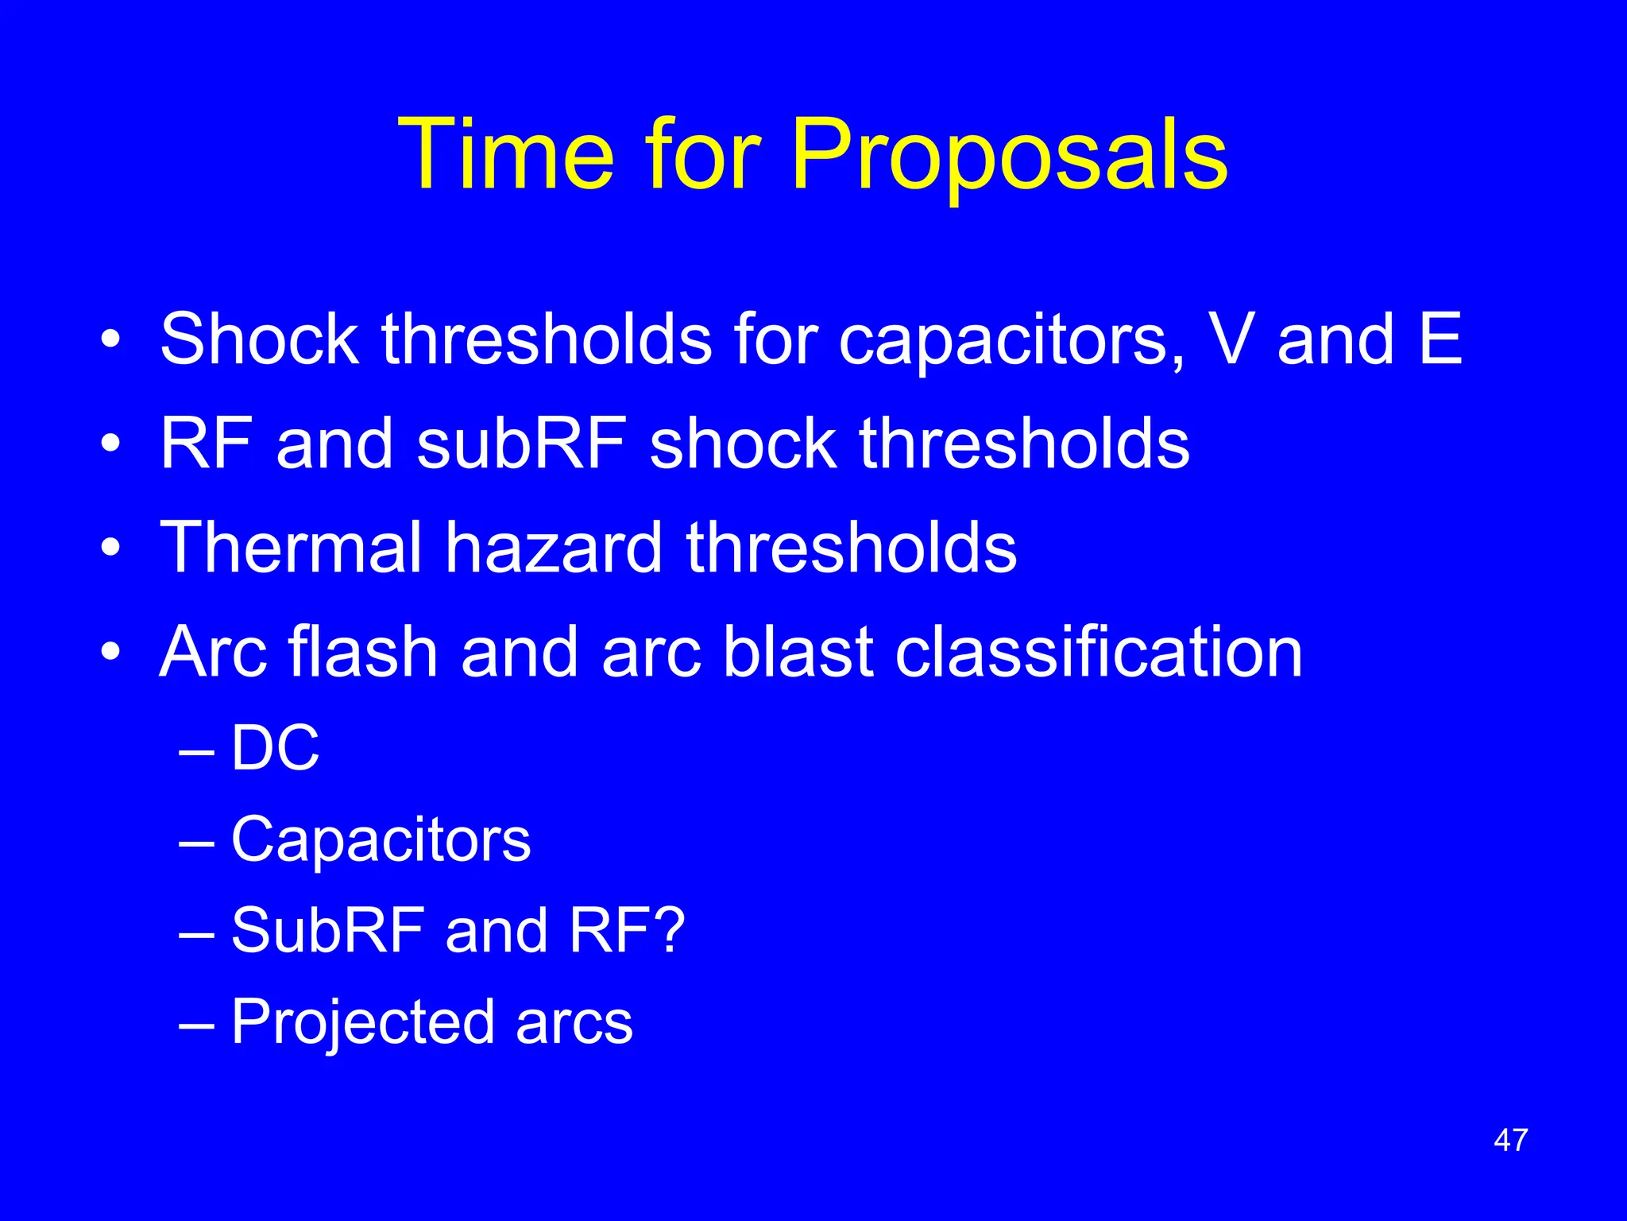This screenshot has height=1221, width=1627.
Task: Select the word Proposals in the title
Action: pos(1009,155)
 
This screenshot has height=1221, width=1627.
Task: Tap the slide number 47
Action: pos(1510,1140)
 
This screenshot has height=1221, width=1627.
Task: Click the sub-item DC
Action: pos(275,748)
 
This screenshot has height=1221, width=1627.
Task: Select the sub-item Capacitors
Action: pos(381,840)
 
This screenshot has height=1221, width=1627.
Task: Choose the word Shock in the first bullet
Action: pos(259,339)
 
